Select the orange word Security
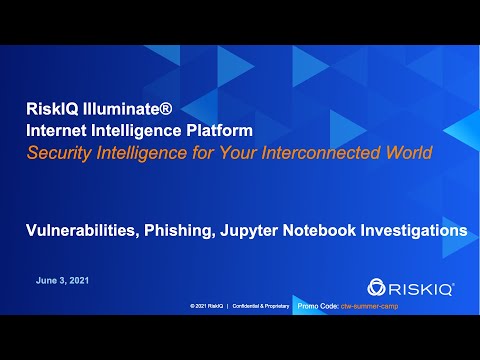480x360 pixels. [x=61, y=153]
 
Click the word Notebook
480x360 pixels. [x=335, y=229]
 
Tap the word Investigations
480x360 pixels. [x=421, y=229]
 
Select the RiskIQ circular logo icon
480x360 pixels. [x=378, y=287]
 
